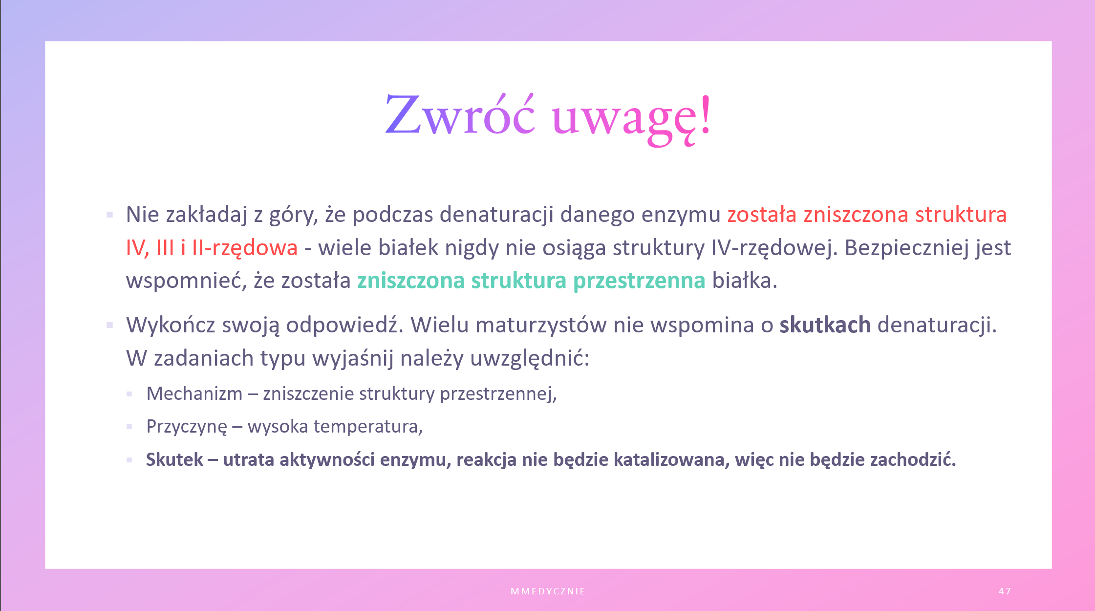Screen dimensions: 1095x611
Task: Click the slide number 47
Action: pos(1005,591)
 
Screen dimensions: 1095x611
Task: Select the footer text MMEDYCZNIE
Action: pos(548,591)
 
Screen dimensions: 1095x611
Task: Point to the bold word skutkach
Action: pos(825,325)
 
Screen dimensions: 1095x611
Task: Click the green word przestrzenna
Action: pos(639,281)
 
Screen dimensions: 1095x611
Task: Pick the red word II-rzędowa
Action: pos(245,248)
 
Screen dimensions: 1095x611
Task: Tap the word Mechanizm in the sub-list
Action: pos(194,393)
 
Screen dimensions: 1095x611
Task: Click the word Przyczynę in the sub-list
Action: pos(187,427)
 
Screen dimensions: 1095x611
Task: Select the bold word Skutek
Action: pos(174,459)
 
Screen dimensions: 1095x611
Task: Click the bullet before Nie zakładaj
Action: pos(110,215)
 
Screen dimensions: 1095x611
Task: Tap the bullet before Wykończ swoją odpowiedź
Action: pos(110,325)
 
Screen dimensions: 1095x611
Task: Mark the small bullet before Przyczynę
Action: pos(129,427)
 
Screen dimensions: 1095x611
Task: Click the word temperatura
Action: pos(368,427)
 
